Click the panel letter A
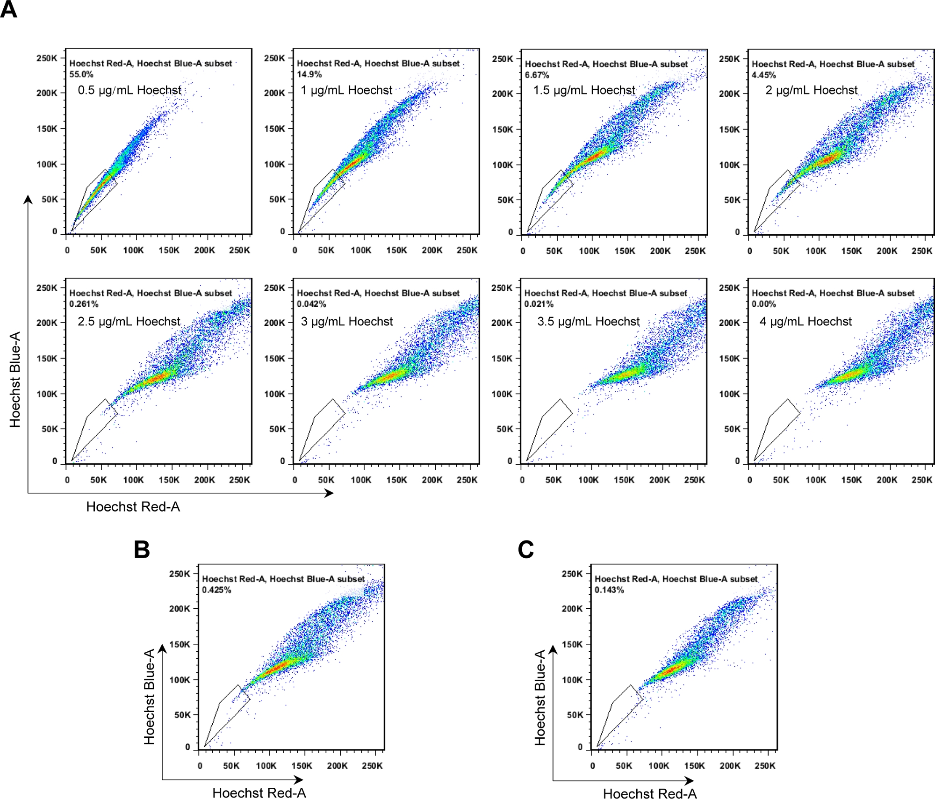click(x=8, y=9)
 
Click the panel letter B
click(x=142, y=549)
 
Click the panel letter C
click(x=526, y=549)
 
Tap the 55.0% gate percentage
click(x=81, y=74)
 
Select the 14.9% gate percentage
click(x=309, y=74)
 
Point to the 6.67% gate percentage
click(x=537, y=75)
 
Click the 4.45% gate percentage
click(x=763, y=75)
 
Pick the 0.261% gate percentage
click(x=84, y=304)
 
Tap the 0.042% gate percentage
click(x=311, y=304)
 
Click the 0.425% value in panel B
click(x=216, y=590)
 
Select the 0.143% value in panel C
click(x=609, y=590)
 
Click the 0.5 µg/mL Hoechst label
click(x=129, y=90)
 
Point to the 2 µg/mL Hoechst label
click(x=811, y=90)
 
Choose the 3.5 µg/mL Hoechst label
click(x=588, y=321)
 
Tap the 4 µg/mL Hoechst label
click(x=806, y=321)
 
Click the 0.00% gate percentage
click(x=763, y=304)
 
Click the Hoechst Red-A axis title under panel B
click(x=259, y=793)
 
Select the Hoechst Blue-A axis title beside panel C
click(x=540, y=698)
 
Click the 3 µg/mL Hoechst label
click(x=347, y=321)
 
